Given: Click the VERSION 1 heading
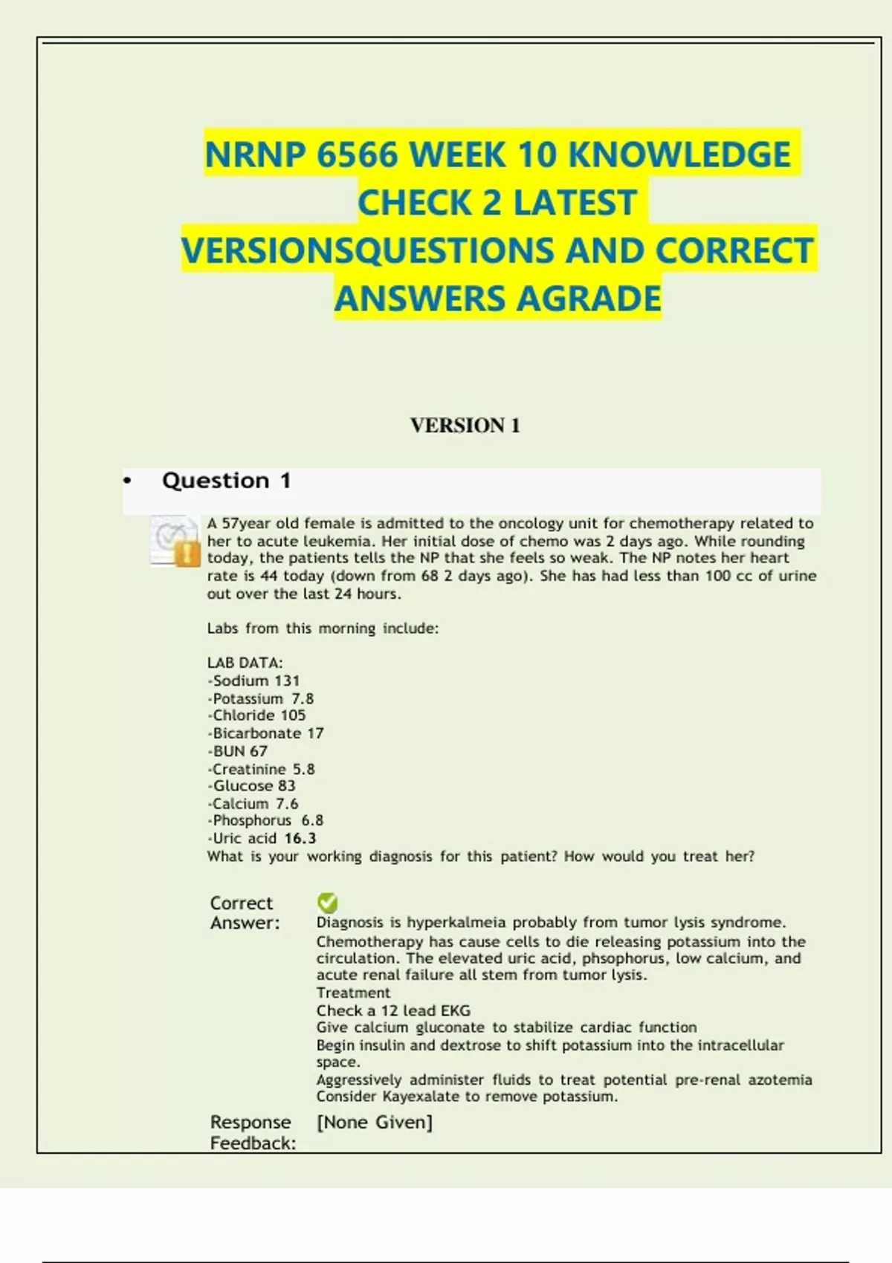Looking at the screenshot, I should (465, 426).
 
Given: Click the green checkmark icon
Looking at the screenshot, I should (327, 903).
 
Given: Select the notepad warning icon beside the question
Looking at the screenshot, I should (175, 542).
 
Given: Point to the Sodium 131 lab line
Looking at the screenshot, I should (254, 681).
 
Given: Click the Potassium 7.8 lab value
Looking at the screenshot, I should (261, 698).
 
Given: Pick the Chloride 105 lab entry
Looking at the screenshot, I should (257, 715).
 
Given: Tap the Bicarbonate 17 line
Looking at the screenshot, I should (266, 733).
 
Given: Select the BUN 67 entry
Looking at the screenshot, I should (238, 751).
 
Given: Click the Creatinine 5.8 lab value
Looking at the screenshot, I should (262, 769).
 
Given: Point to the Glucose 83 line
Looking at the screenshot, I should (252, 786).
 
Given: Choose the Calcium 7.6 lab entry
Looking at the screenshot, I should (253, 804).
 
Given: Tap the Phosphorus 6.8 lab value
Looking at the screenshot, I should (266, 821).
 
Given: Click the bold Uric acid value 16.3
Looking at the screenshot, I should (300, 839).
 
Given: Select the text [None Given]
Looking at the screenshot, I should (374, 1122).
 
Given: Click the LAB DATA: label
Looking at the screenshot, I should (245, 663).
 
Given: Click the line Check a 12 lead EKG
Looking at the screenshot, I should (393, 1010).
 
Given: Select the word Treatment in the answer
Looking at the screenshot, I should (353, 993).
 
